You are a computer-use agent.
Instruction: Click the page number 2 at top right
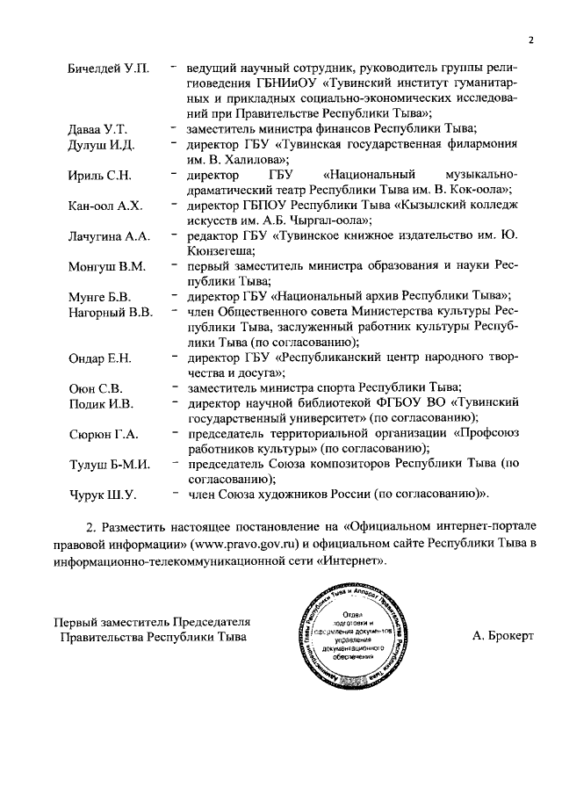point(532,40)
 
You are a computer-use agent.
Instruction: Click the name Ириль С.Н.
point(99,176)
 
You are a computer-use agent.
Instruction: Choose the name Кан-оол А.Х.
point(105,206)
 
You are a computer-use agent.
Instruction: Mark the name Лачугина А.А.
point(110,237)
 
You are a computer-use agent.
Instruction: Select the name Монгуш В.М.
point(107,267)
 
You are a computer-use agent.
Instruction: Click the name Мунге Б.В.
point(99,296)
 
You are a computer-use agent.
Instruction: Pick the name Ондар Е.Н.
point(99,358)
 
